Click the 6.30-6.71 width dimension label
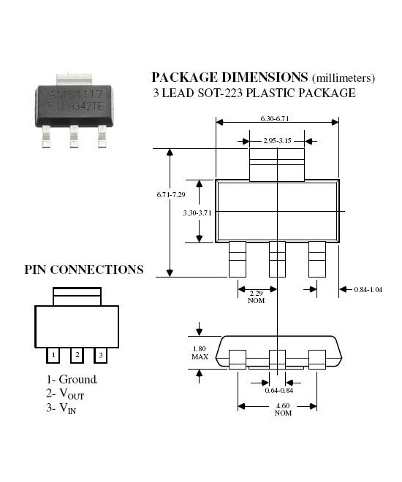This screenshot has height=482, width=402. point(275,118)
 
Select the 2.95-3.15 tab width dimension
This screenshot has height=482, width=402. point(277,141)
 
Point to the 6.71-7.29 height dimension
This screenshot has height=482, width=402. point(171,194)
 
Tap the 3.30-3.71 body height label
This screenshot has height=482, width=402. point(197,213)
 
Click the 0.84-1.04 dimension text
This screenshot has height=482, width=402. point(368,290)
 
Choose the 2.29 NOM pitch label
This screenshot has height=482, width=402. point(257,297)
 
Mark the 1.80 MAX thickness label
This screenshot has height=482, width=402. point(200,353)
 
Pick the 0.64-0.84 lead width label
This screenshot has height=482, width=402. point(279,391)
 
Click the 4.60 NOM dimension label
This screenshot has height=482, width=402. point(283,410)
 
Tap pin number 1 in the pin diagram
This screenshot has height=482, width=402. point(53,355)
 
